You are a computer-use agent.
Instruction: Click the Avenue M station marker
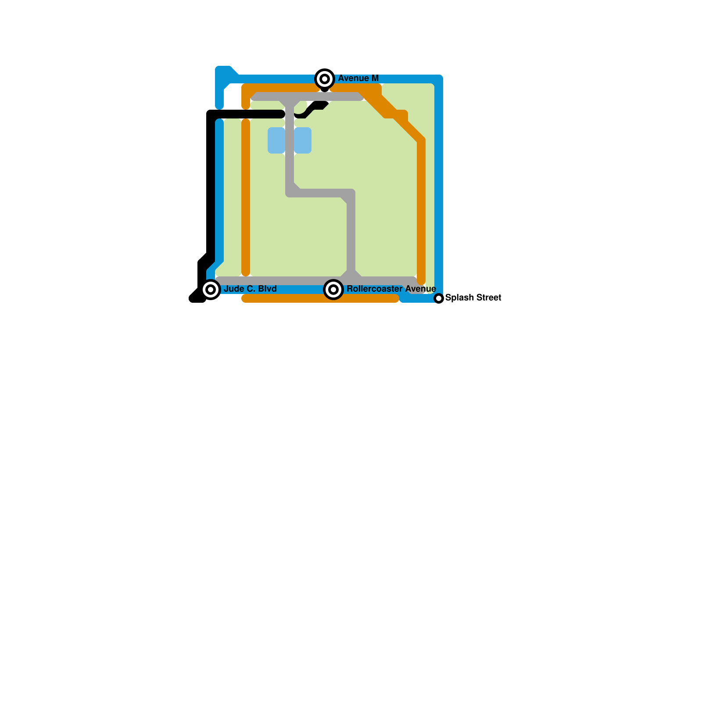click(325, 79)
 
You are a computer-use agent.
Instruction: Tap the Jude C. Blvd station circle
click(211, 290)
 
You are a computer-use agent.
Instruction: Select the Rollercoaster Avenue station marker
click(333, 290)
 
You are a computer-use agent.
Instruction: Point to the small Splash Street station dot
click(439, 298)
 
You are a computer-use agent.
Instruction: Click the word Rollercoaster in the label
click(374, 289)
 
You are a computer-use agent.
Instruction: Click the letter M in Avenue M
click(375, 78)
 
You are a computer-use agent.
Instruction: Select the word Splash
click(459, 297)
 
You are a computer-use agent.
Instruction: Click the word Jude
click(234, 289)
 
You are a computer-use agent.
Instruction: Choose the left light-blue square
click(276, 140)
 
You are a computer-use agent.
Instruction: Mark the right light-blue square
click(303, 140)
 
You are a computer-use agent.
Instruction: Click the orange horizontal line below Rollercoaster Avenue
click(320, 298)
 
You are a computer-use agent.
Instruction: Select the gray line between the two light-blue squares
click(290, 140)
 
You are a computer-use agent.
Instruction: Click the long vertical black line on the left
click(211, 184)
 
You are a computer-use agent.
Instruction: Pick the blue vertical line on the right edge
click(439, 184)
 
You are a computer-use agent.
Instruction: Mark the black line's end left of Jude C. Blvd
click(194, 298)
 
